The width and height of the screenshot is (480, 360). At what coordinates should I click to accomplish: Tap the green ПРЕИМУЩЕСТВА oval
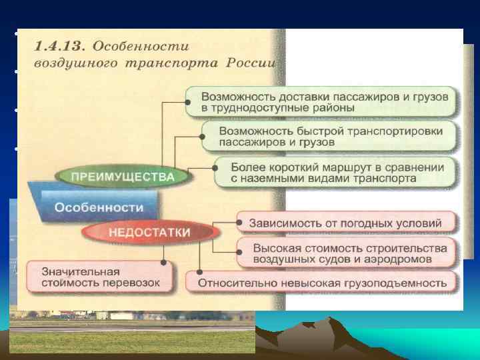[124, 177]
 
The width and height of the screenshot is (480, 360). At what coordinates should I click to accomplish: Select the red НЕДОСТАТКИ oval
[151, 233]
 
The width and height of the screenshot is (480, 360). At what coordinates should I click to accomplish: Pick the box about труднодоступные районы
[321, 99]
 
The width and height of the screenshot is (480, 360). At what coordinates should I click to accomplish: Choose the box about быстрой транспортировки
[330, 136]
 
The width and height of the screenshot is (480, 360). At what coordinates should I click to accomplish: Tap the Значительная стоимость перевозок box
[99, 277]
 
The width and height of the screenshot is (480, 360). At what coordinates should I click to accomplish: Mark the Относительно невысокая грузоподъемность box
[322, 283]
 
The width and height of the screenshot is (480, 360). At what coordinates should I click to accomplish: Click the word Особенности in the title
[141, 47]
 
